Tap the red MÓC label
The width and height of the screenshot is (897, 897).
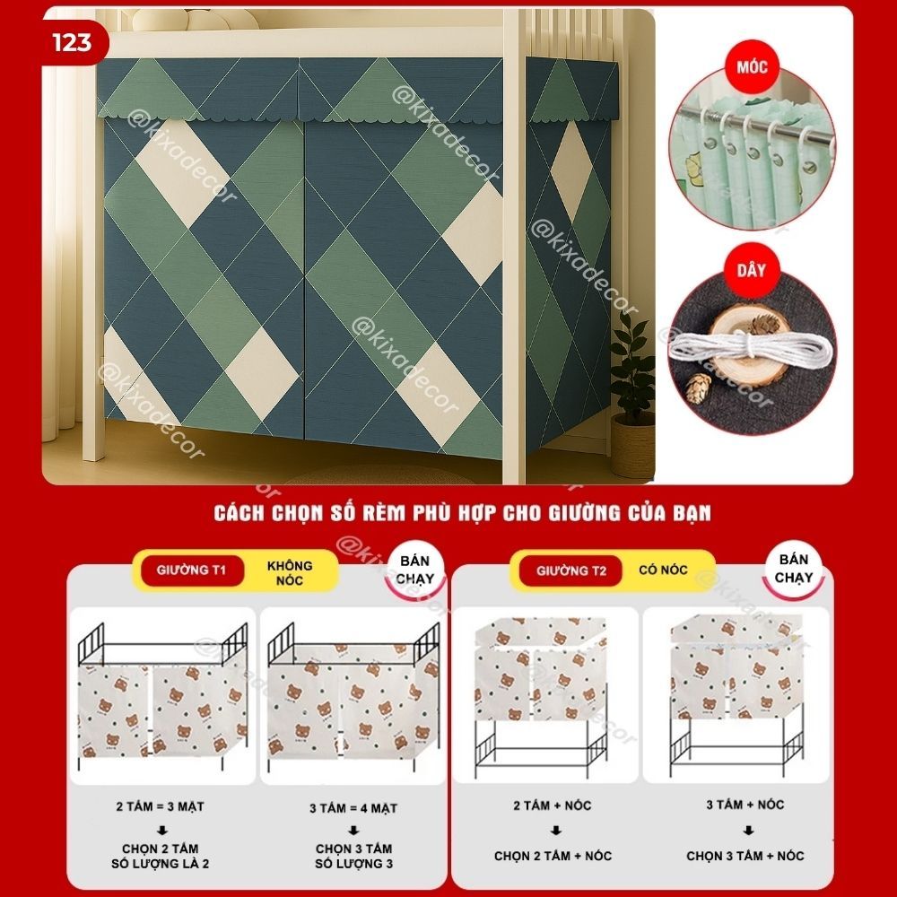pyautogui.click(x=752, y=67)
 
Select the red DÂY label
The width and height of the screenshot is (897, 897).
pyautogui.click(x=751, y=271)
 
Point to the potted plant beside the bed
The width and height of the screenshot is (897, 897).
pyautogui.click(x=632, y=395)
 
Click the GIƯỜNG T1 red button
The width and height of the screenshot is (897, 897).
pyautogui.click(x=192, y=570)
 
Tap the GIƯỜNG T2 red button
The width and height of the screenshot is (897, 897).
pyautogui.click(x=570, y=570)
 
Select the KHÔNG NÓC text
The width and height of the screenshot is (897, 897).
pyautogui.click(x=290, y=572)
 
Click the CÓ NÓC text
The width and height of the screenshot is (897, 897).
pyautogui.click(x=663, y=570)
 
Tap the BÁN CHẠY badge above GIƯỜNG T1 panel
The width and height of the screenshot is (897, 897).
pyautogui.click(x=415, y=570)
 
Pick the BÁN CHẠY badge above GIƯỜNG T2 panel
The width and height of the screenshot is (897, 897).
pyautogui.click(x=794, y=568)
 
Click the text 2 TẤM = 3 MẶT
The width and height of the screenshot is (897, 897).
pyautogui.click(x=161, y=806)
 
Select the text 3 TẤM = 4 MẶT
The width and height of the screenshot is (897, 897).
pyautogui.click(x=353, y=808)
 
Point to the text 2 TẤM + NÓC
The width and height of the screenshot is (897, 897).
pyautogui.click(x=552, y=806)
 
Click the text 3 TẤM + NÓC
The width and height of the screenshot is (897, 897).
pyautogui.click(x=745, y=805)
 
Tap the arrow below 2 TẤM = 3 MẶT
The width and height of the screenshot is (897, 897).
pyautogui.click(x=161, y=830)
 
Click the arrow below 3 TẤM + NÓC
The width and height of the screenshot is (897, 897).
pyautogui.click(x=748, y=830)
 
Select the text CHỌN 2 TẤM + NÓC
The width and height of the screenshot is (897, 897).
pyautogui.click(x=553, y=856)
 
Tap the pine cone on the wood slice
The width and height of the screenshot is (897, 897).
pyautogui.click(x=762, y=324)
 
